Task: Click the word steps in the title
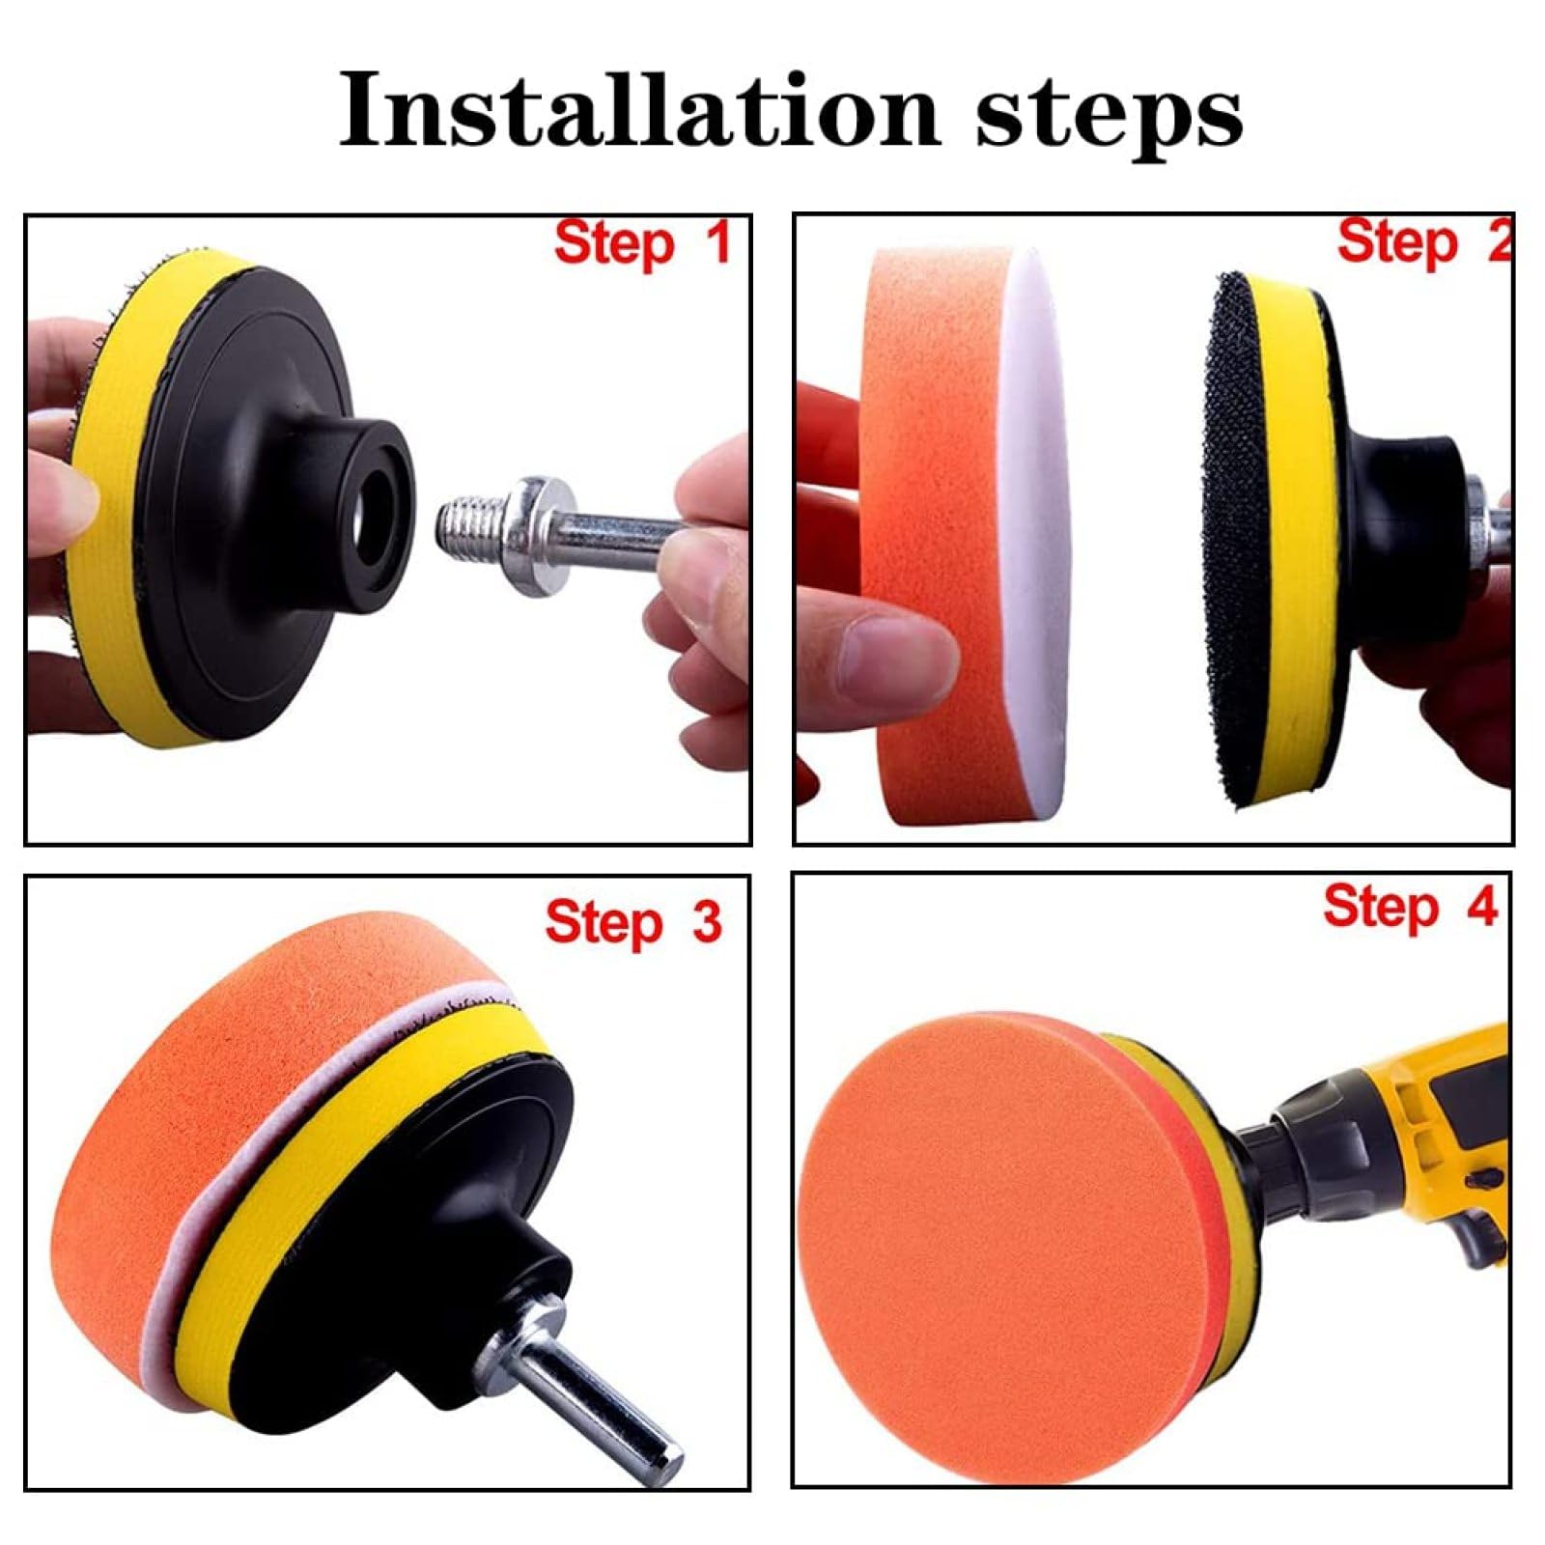click(x=1109, y=116)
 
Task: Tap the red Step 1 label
click(x=642, y=243)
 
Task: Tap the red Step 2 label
click(x=1423, y=241)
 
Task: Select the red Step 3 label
click(x=633, y=921)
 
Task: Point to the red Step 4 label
click(x=1410, y=909)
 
